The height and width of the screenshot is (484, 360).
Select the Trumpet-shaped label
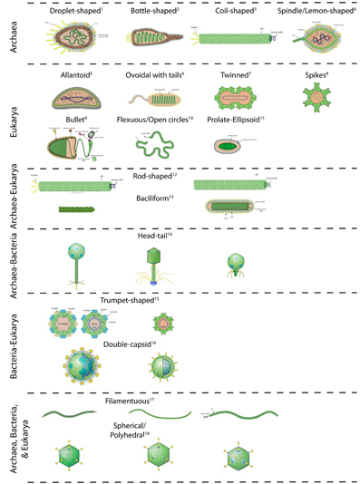tap(131, 300)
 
